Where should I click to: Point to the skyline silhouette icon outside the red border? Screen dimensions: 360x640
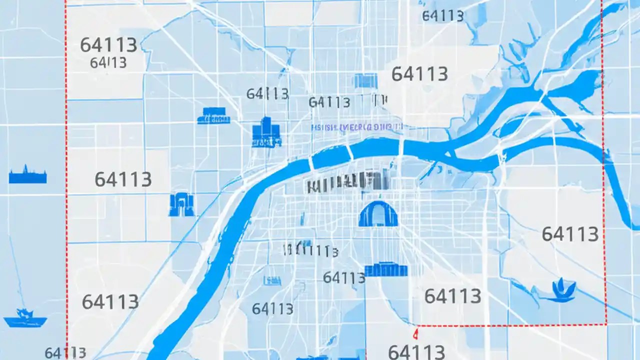[27, 176]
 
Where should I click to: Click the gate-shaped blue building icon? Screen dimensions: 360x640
[181, 205]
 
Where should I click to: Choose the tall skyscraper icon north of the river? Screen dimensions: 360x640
[266, 132]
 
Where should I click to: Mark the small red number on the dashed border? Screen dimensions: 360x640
[415, 331]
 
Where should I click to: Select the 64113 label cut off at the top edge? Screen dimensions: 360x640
[442, 15]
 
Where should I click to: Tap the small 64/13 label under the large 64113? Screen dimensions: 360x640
[108, 63]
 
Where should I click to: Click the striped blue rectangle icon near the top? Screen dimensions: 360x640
[365, 80]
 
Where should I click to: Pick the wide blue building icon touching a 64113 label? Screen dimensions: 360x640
[386, 270]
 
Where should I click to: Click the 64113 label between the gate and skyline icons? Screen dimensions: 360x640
[123, 179]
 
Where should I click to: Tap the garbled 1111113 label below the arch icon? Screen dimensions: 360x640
[310, 249]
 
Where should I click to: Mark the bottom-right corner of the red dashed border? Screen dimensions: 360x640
[606, 324]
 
